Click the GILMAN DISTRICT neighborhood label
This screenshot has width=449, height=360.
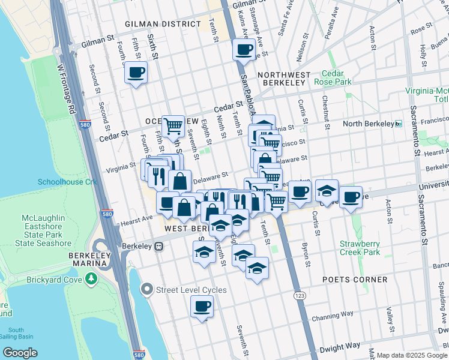163,24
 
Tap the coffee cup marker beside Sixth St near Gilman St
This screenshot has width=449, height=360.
135,73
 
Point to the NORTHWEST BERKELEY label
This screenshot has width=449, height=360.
284,75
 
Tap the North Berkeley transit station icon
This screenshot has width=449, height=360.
397,124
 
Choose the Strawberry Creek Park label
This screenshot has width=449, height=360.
360,248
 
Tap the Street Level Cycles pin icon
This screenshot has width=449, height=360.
147,290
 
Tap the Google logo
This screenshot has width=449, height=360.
20,353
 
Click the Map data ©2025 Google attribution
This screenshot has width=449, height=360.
412,356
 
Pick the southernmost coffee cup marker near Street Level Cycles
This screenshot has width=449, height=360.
202,307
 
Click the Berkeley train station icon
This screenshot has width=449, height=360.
160,245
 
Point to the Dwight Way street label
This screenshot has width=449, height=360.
340,346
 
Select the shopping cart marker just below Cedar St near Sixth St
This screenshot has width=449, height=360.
173,125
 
